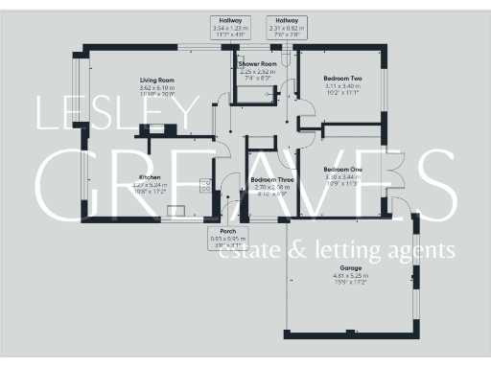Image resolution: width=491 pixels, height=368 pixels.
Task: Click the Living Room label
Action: click(x=157, y=80)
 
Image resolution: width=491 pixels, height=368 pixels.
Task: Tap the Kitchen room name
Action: click(x=149, y=178)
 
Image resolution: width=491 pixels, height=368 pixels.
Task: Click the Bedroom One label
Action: click(x=341, y=170)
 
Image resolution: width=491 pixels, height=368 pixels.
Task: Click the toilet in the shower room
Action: click(x=272, y=94)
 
